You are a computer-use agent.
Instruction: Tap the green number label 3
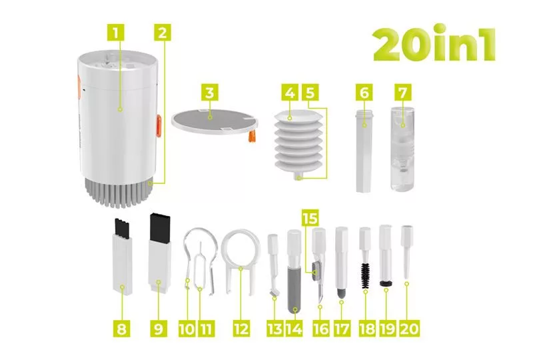[209, 92]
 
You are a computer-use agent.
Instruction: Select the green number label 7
[403, 92]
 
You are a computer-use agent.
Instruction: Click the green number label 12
[241, 329]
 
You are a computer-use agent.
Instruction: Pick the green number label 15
[310, 218]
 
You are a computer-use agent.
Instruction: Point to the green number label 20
[410, 329]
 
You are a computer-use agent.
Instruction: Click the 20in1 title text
[434, 43]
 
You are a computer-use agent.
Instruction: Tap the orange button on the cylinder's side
[159, 126]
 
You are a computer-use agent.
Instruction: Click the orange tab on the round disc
[252, 136]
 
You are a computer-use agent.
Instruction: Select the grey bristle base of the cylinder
[118, 192]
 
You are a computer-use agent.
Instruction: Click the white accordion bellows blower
[298, 143]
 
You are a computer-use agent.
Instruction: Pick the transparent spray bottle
[403, 149]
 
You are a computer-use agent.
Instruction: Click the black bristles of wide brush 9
[158, 226]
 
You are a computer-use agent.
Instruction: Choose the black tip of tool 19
[386, 283]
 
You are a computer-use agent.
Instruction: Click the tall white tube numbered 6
[364, 150]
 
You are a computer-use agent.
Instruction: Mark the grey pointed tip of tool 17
[341, 292]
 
